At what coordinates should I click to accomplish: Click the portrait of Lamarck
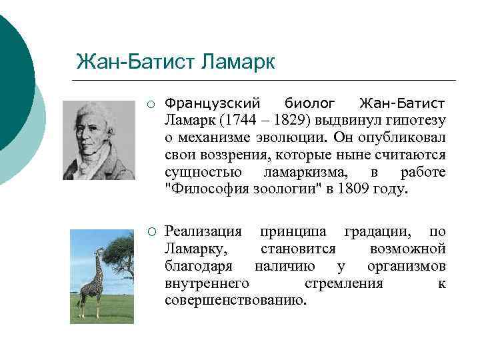[98, 140]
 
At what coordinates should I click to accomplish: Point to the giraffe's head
[101, 251]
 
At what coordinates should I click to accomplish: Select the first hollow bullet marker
[151, 103]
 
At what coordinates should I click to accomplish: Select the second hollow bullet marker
[151, 232]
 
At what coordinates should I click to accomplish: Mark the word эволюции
[293, 137]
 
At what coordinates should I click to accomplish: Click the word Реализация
[203, 232]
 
